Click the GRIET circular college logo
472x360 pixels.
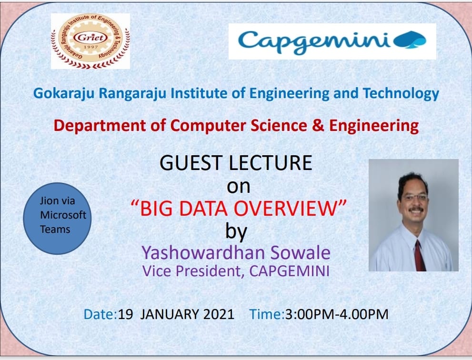[x=90, y=41]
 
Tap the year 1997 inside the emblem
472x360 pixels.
[x=90, y=47]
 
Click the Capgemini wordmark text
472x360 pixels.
[x=314, y=42]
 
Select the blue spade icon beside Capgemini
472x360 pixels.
[x=410, y=40]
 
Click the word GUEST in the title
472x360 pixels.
[x=191, y=163]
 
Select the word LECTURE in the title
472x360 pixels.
[x=271, y=163]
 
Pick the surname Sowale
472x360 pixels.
[x=300, y=252]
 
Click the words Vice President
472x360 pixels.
[x=191, y=270]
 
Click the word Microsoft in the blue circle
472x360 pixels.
[x=63, y=215]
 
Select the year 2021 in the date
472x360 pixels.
[x=219, y=314]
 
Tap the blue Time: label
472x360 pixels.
[x=267, y=314]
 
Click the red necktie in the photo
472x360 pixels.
[x=419, y=255]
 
